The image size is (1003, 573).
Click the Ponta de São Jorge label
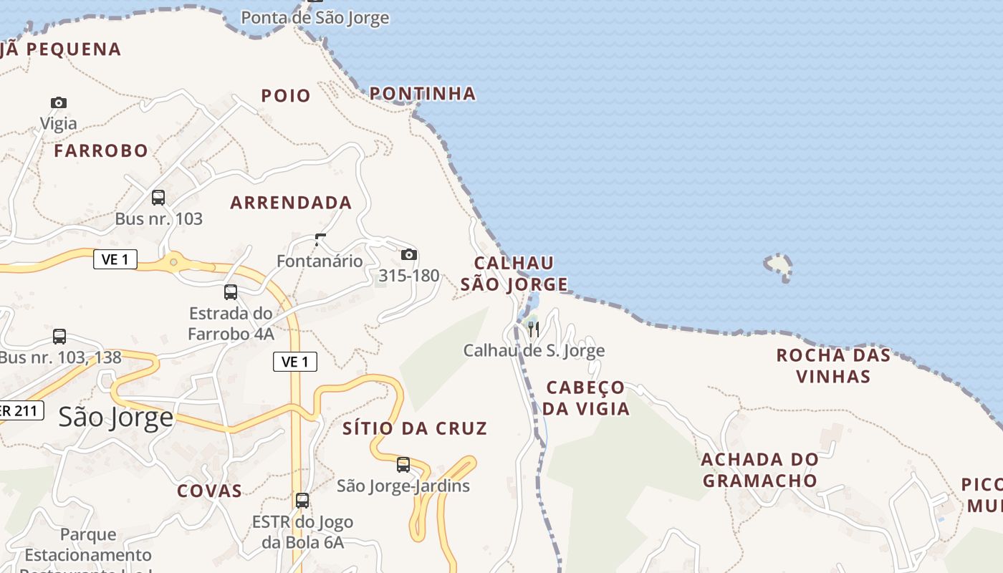click(315, 18)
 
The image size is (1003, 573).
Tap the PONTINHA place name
click(423, 94)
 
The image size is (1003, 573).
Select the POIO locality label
click(286, 96)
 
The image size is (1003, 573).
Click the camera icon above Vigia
click(59, 103)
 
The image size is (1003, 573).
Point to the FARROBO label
click(101, 151)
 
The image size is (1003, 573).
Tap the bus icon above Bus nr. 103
click(158, 198)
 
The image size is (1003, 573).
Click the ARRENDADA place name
click(291, 203)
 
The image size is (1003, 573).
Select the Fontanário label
click(320, 261)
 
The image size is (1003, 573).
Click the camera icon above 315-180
click(408, 255)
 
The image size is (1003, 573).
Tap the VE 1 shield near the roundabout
click(115, 259)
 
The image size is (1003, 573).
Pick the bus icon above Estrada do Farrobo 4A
click(231, 292)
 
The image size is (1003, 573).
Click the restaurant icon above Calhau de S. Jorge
click(533, 329)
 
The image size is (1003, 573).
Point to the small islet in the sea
click(779, 266)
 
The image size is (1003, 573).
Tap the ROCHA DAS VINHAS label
click(833, 366)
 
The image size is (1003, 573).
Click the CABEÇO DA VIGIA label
click(585, 398)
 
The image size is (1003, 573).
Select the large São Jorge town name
click(116, 417)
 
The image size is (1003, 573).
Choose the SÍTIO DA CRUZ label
click(415, 429)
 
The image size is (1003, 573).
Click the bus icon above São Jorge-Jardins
click(403, 465)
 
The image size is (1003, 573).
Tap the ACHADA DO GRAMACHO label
click(759, 470)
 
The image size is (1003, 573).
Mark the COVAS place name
click(209, 491)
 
